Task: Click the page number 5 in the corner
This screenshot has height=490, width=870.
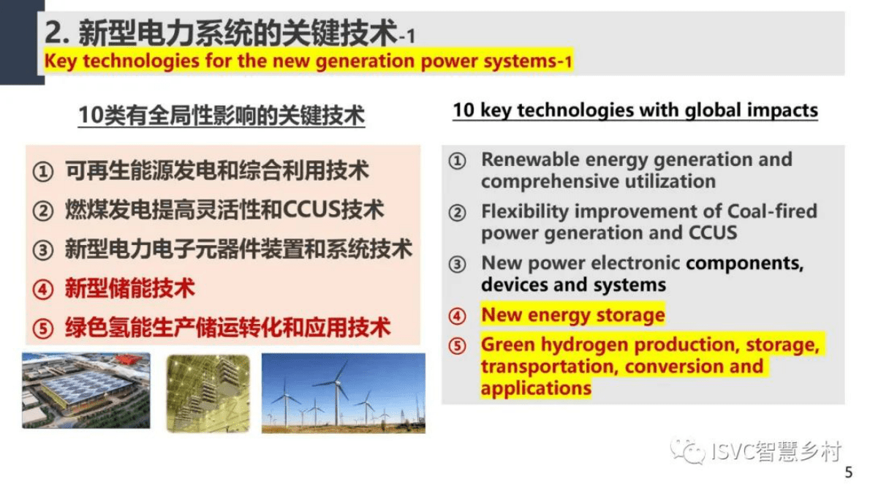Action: [848, 472]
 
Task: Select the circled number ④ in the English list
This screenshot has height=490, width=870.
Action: [457, 317]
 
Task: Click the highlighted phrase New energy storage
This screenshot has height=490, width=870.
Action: [572, 315]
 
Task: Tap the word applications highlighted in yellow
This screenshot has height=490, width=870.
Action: [535, 387]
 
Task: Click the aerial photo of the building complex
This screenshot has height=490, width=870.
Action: [86, 391]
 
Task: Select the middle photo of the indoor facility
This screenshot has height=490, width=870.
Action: [208, 392]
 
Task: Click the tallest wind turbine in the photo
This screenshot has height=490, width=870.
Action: [338, 395]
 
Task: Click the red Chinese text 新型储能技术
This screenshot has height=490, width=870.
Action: [129, 287]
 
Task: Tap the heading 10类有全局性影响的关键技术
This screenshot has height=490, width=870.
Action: [221, 116]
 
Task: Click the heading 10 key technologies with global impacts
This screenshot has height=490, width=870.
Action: [635, 110]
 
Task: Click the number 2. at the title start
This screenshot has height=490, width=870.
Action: [58, 32]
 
